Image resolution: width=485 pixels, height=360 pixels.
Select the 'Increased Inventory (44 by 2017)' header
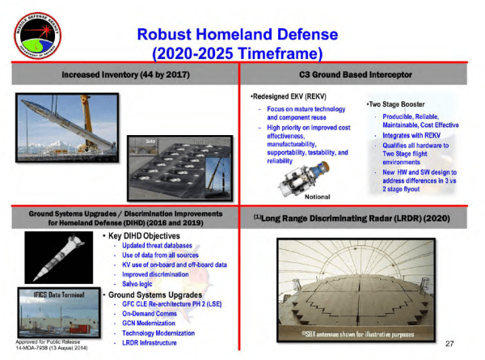coord(124,74)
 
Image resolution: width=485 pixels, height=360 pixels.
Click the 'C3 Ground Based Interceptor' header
coord(361,74)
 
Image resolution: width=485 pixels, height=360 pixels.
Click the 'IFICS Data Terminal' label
coord(54,295)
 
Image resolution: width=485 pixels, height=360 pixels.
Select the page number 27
coord(452,344)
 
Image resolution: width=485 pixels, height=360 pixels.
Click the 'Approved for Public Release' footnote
coord(44,341)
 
